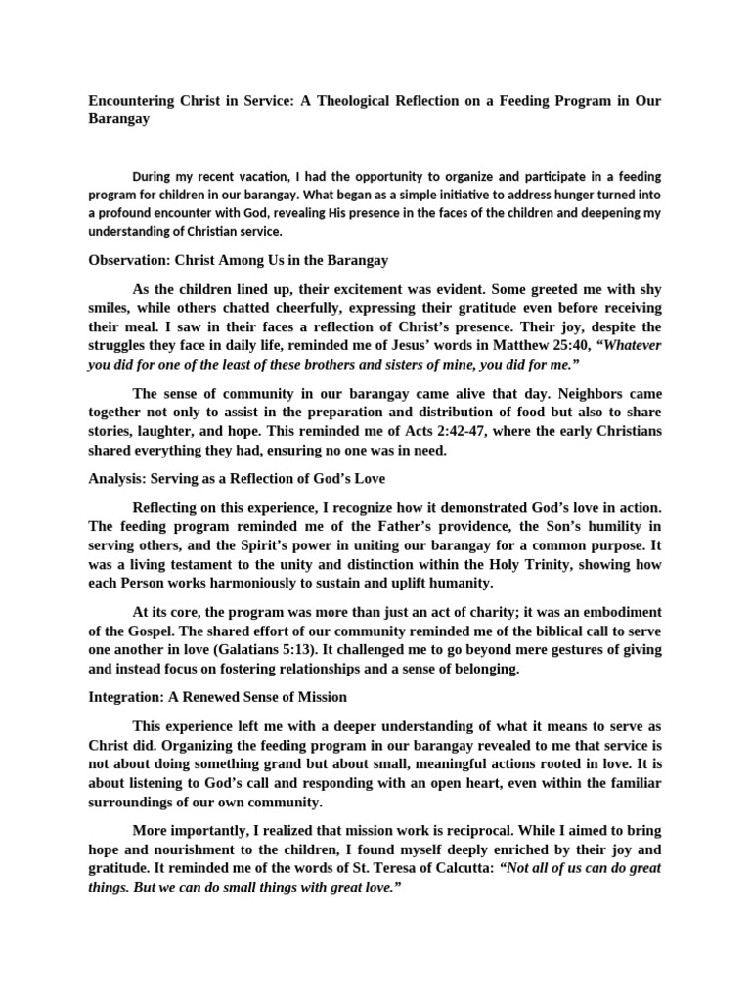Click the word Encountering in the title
[133, 101]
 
